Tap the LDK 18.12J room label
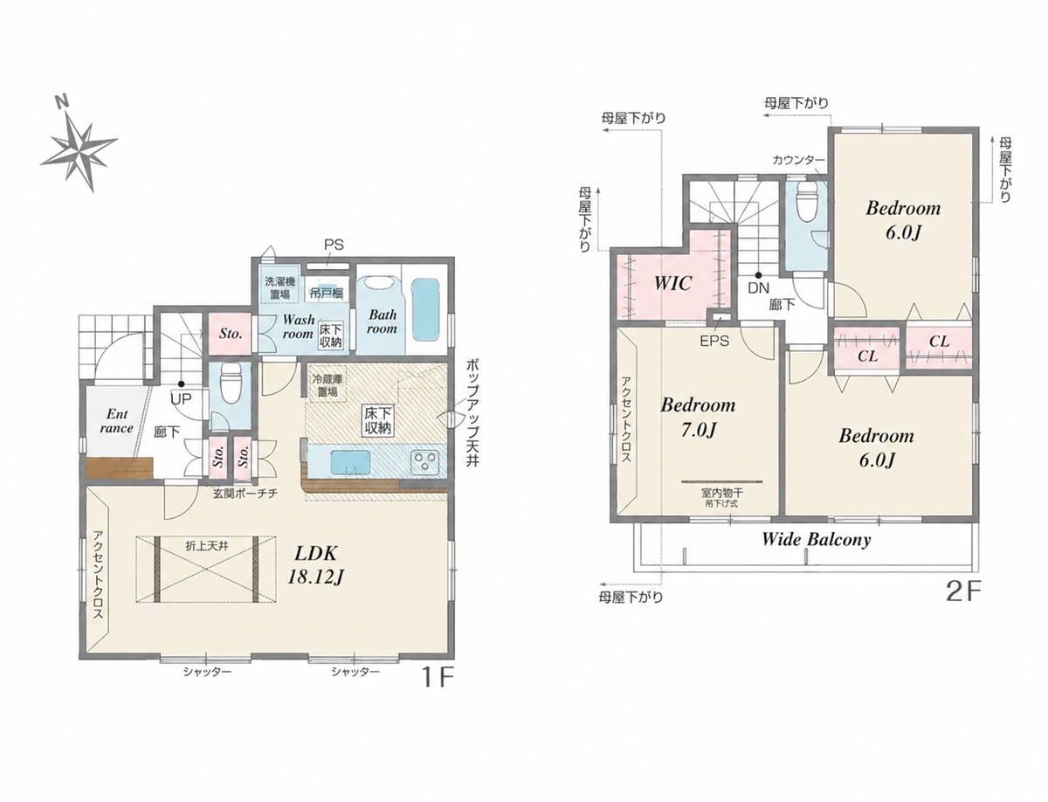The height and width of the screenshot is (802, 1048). click(315, 565)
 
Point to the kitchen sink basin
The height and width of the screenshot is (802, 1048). click(350, 462)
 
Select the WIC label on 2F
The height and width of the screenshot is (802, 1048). click(672, 283)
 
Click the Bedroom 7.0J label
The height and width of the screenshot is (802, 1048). click(698, 418)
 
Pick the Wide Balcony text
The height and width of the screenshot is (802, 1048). click(816, 540)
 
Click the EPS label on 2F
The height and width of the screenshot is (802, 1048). click(714, 342)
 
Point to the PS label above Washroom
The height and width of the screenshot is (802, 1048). click(334, 245)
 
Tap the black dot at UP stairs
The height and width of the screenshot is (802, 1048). click(182, 384)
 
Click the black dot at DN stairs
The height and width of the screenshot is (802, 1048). click(758, 275)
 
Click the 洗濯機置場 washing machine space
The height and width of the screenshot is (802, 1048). click(279, 287)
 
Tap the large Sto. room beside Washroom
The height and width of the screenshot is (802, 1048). click(231, 334)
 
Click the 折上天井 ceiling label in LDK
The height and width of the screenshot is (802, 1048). click(207, 546)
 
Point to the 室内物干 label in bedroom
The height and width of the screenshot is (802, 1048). click(722, 493)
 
